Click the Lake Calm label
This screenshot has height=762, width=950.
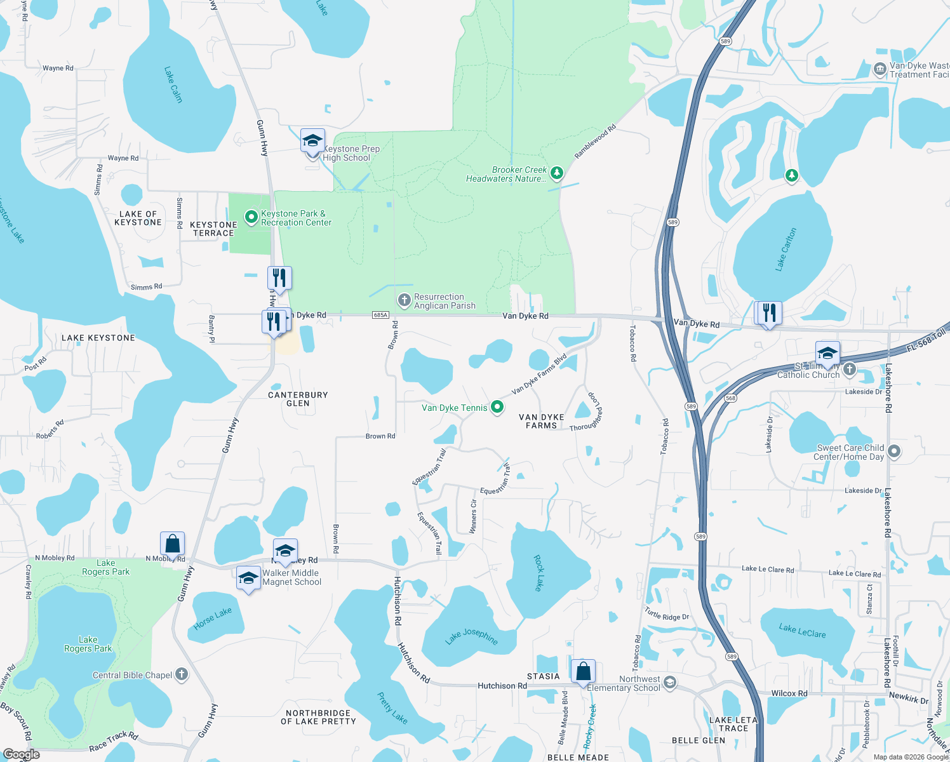click(x=173, y=84)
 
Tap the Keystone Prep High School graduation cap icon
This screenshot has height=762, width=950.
click(x=312, y=140)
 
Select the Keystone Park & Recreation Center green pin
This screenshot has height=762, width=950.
click(x=251, y=218)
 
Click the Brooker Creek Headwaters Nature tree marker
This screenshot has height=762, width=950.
click(x=557, y=173)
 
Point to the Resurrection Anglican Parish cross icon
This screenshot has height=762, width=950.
click(x=404, y=300)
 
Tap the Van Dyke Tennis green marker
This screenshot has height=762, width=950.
click(x=497, y=407)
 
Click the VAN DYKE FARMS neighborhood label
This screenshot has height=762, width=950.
click(x=541, y=421)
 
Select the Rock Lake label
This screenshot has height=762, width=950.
click(x=539, y=573)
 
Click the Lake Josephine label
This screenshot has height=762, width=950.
click(x=472, y=636)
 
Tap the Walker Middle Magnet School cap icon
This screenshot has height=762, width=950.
click(x=248, y=578)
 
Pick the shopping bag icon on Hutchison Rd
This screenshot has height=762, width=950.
click(x=583, y=671)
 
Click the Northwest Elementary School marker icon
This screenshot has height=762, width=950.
click(x=670, y=683)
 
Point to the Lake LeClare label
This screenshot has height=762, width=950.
click(x=802, y=631)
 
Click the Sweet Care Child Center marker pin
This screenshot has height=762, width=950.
click(x=894, y=451)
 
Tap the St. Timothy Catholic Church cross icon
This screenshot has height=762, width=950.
click(x=850, y=370)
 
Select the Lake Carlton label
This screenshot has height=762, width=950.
click(x=786, y=250)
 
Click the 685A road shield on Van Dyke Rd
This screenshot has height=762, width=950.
click(x=380, y=315)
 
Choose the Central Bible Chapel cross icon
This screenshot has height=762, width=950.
click(x=182, y=674)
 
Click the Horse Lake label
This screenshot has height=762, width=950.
click(x=213, y=618)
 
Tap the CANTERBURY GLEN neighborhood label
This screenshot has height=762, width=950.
click(x=298, y=399)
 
